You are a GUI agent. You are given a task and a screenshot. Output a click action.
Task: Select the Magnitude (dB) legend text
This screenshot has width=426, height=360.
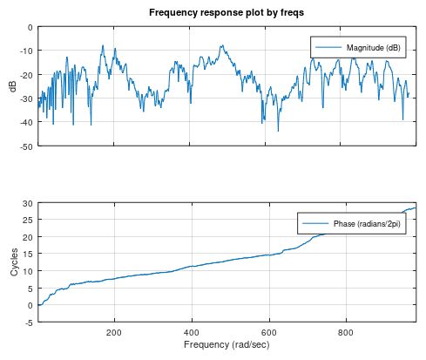(x=373, y=48)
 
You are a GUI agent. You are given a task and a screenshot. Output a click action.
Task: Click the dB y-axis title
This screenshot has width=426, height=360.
(x=12, y=86)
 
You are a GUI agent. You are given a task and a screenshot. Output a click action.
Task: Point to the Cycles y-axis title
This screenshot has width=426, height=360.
(x=12, y=262)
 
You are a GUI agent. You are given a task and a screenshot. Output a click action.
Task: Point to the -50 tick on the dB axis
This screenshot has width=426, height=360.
(x=27, y=146)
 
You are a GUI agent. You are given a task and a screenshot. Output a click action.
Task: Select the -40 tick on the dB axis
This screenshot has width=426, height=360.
(x=27, y=123)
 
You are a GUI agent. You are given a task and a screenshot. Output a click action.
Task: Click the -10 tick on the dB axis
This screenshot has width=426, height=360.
(x=27, y=51)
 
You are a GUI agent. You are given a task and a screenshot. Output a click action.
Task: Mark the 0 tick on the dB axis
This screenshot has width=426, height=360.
(x=30, y=28)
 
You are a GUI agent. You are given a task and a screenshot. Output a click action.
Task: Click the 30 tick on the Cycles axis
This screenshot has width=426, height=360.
(x=29, y=203)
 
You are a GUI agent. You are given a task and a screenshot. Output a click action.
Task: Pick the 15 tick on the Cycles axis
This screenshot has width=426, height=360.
(x=29, y=255)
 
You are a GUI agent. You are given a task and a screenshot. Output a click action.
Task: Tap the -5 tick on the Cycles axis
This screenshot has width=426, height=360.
(x=30, y=323)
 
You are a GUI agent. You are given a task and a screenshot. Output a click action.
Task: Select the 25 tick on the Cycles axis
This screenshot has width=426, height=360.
(x=29, y=221)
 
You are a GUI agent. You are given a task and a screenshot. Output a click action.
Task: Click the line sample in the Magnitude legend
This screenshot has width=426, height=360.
(x=328, y=48)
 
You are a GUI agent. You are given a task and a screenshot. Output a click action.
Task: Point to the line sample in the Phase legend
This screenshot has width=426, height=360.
(x=315, y=224)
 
